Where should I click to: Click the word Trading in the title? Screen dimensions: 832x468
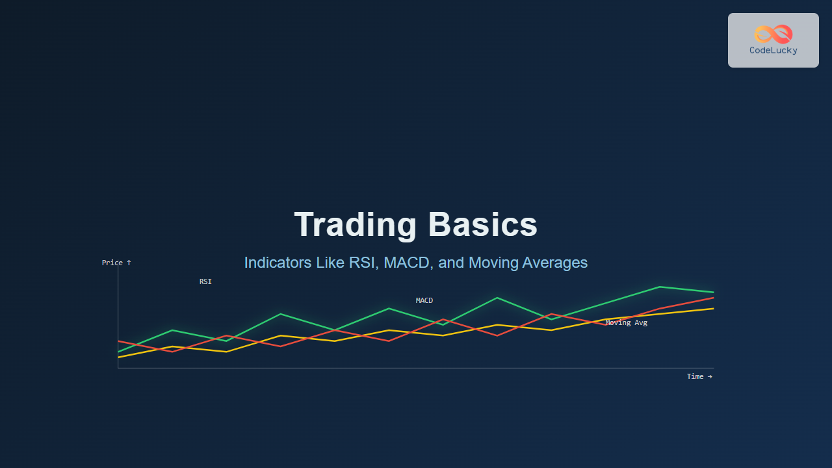[355, 225]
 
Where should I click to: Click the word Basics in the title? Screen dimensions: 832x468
[482, 224]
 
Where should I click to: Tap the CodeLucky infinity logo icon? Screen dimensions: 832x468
[773, 34]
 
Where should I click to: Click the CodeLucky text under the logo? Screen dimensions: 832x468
[773, 51]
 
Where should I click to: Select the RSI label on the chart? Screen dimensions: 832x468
[205, 281]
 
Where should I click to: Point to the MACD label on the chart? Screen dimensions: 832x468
[424, 300]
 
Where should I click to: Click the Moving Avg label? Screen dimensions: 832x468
[626, 323]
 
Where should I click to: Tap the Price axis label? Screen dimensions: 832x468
[116, 263]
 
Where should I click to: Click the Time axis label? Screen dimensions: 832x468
[699, 376]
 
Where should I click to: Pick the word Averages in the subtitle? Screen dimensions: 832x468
[555, 263]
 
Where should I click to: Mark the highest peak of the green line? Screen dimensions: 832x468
[660, 287]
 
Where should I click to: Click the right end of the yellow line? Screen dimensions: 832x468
[714, 309]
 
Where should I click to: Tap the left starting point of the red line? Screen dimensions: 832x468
[118, 341]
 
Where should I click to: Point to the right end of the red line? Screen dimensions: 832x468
[714, 298]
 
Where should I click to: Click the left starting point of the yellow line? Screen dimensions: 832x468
[118, 357]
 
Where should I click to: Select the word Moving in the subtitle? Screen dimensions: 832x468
[493, 263]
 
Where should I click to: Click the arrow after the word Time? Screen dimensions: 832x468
[710, 376]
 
